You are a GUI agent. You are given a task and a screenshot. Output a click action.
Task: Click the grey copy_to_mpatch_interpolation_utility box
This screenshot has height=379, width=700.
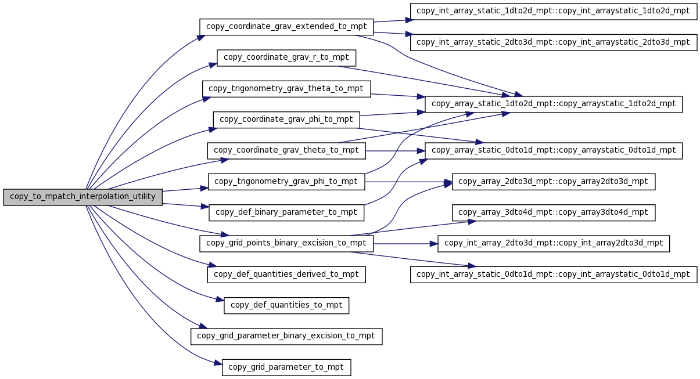coord(83,197)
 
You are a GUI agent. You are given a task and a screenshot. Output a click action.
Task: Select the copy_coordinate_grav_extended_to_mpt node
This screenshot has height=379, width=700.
coord(286,27)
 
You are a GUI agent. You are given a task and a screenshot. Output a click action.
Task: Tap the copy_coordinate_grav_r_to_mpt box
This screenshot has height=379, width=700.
coord(286,58)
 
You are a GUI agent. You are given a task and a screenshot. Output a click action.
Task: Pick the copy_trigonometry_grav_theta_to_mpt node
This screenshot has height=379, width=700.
coord(286,89)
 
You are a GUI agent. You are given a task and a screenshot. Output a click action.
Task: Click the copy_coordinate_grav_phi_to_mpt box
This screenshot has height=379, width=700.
coord(286,120)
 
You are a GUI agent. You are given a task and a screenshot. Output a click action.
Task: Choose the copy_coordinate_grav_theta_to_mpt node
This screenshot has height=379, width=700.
coord(286,150)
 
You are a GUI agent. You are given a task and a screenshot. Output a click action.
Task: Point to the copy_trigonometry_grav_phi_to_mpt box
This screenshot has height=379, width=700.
coord(286,182)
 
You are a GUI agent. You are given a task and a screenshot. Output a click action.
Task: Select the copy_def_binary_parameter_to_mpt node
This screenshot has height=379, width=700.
coord(286,212)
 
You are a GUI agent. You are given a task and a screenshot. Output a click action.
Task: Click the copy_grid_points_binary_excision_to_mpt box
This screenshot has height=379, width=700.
coord(286,244)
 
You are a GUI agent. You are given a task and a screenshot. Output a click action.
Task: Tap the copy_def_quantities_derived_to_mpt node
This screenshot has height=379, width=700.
coord(286,275)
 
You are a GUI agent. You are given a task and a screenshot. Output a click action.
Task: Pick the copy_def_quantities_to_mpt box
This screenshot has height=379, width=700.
coord(286,305)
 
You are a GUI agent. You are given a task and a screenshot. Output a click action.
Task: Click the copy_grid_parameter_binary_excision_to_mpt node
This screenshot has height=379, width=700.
coord(286,336)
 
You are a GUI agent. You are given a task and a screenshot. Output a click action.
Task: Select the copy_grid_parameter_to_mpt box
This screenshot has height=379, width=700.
coord(286,367)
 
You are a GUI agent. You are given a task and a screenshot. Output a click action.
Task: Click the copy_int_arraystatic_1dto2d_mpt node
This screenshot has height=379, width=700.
coord(554,11)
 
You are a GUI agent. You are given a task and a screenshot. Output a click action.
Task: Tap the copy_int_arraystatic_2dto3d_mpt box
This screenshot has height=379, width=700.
coord(554,42)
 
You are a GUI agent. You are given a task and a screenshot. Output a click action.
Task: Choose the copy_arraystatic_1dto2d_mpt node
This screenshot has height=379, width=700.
coord(554,104)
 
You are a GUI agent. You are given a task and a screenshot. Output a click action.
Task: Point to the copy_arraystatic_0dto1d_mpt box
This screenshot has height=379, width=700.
coord(554,150)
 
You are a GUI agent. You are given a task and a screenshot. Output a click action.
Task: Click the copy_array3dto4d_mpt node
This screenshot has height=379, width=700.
coord(554,212)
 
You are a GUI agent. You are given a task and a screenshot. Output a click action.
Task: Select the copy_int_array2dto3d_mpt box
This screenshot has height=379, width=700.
coord(554,244)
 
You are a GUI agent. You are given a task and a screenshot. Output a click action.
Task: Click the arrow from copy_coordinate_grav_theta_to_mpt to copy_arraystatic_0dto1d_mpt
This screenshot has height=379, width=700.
coord(396,151)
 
